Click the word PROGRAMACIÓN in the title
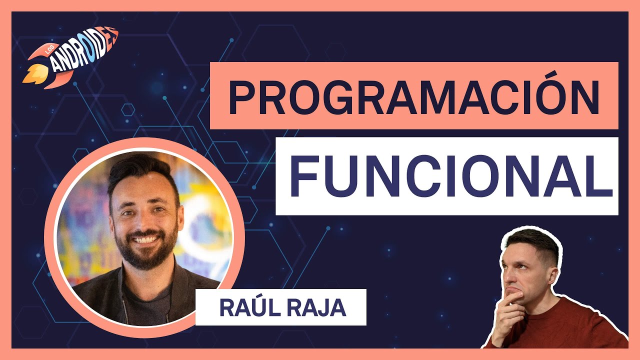(413, 96)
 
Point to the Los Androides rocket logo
(70, 58)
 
